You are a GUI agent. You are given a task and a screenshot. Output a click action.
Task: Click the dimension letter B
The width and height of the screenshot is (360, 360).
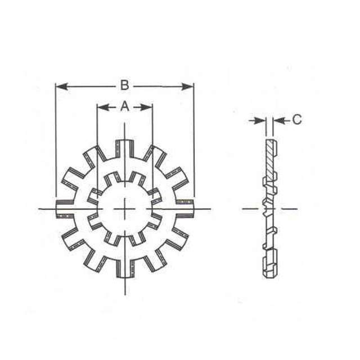pyautogui.click(x=125, y=85)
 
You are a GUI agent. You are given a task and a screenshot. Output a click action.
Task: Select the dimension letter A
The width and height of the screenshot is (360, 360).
pyautogui.click(x=125, y=106)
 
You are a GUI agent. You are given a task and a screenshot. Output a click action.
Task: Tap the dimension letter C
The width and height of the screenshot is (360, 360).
pyautogui.click(x=297, y=119)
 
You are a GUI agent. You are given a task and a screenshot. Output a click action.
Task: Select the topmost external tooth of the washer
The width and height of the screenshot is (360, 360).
pyautogui.click(x=125, y=147)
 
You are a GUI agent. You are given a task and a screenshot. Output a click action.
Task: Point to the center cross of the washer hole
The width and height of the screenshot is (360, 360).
pyautogui.click(x=125, y=209)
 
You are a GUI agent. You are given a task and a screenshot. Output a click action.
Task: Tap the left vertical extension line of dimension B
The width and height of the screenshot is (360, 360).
pyautogui.click(x=56, y=141)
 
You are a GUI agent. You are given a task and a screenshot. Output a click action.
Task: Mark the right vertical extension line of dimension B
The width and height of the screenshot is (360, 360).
pyautogui.click(x=194, y=141)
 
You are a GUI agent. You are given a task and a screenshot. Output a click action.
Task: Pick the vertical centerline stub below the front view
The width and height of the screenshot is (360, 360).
pyautogui.click(x=125, y=287)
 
